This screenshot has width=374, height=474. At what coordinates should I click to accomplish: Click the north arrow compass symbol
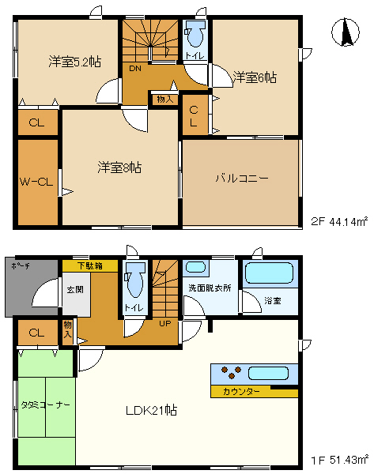pos(346,32)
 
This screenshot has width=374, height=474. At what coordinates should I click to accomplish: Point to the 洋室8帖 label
pos(119,167)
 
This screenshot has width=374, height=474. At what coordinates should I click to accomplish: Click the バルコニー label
pos(242,179)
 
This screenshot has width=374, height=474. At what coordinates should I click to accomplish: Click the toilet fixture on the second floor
pos(195,36)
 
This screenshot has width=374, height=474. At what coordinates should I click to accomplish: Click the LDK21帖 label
pos(151,411)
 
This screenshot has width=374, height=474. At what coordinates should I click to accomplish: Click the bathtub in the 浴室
pos(270,274)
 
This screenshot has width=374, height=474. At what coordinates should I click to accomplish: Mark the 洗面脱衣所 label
pos(210,288)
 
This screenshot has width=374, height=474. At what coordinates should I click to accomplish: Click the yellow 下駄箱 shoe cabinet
pos(89,266)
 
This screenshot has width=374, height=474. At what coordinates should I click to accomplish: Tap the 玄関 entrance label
pos(74,289)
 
